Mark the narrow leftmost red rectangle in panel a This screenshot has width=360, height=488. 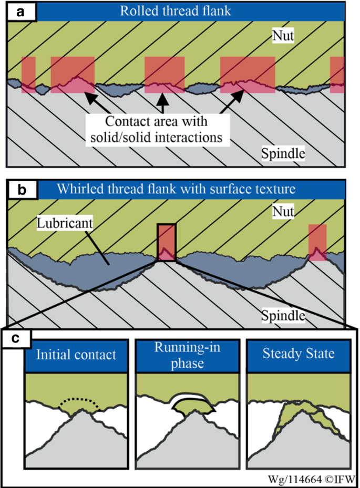coord(28,74)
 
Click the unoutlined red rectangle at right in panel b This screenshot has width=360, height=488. coord(317,242)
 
